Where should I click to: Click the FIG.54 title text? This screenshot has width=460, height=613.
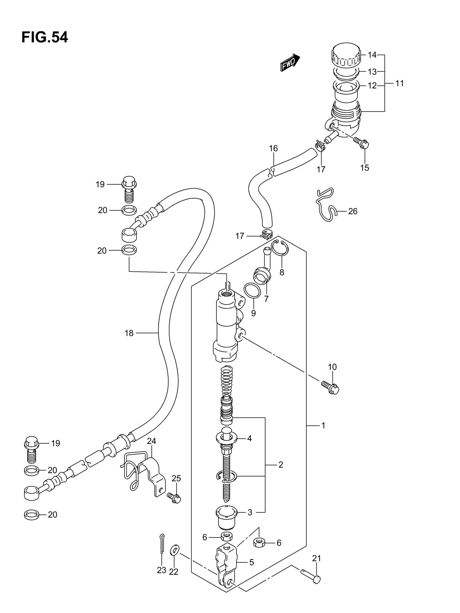(45, 37)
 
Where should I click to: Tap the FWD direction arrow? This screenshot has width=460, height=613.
(290, 63)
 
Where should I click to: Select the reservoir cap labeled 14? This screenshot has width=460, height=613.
(346, 55)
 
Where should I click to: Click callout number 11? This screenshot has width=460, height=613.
(399, 83)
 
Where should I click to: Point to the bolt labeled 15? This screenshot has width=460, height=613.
(362, 143)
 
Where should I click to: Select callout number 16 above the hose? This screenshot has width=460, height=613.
(273, 149)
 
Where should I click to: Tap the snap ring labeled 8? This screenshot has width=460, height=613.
(280, 247)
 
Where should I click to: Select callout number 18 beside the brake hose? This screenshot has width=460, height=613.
(129, 333)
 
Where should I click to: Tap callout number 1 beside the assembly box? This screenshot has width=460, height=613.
(323, 425)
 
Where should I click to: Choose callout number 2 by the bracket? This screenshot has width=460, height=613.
(281, 465)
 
